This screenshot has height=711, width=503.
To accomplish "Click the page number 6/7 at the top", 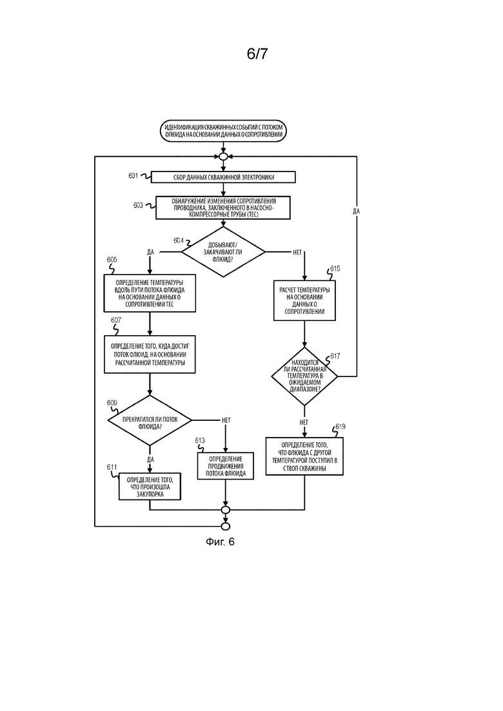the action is point(257,54).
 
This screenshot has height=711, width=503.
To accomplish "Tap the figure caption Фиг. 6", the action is point(220,542).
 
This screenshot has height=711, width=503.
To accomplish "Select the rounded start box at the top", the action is point(223,131).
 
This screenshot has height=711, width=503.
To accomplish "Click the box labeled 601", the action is point(223,177).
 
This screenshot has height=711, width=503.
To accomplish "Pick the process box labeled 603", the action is point(223,208).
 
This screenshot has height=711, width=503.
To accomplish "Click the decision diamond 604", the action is point(223,252).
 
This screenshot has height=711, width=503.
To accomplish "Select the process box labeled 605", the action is point(150,293).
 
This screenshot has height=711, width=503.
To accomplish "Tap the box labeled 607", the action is point(150,355).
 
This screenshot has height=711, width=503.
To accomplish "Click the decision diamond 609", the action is point(150,420).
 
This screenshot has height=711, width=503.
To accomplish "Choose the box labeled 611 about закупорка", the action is point(150,487).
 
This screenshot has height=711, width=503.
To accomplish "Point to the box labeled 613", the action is point(226,466).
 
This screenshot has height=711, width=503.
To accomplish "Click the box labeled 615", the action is point(304,300).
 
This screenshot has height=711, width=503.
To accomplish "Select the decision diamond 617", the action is point(304,376).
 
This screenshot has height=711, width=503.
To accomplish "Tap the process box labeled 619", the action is point(304,456).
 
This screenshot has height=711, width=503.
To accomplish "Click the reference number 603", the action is point(138,206).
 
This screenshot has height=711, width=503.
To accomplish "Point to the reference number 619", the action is point(340,427).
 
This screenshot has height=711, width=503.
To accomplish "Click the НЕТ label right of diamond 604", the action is point(297,253).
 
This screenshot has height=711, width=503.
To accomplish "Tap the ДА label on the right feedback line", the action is point(356,211).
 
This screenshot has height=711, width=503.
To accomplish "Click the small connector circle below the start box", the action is point(223,157).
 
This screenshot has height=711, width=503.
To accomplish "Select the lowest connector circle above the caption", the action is point(226,527).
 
